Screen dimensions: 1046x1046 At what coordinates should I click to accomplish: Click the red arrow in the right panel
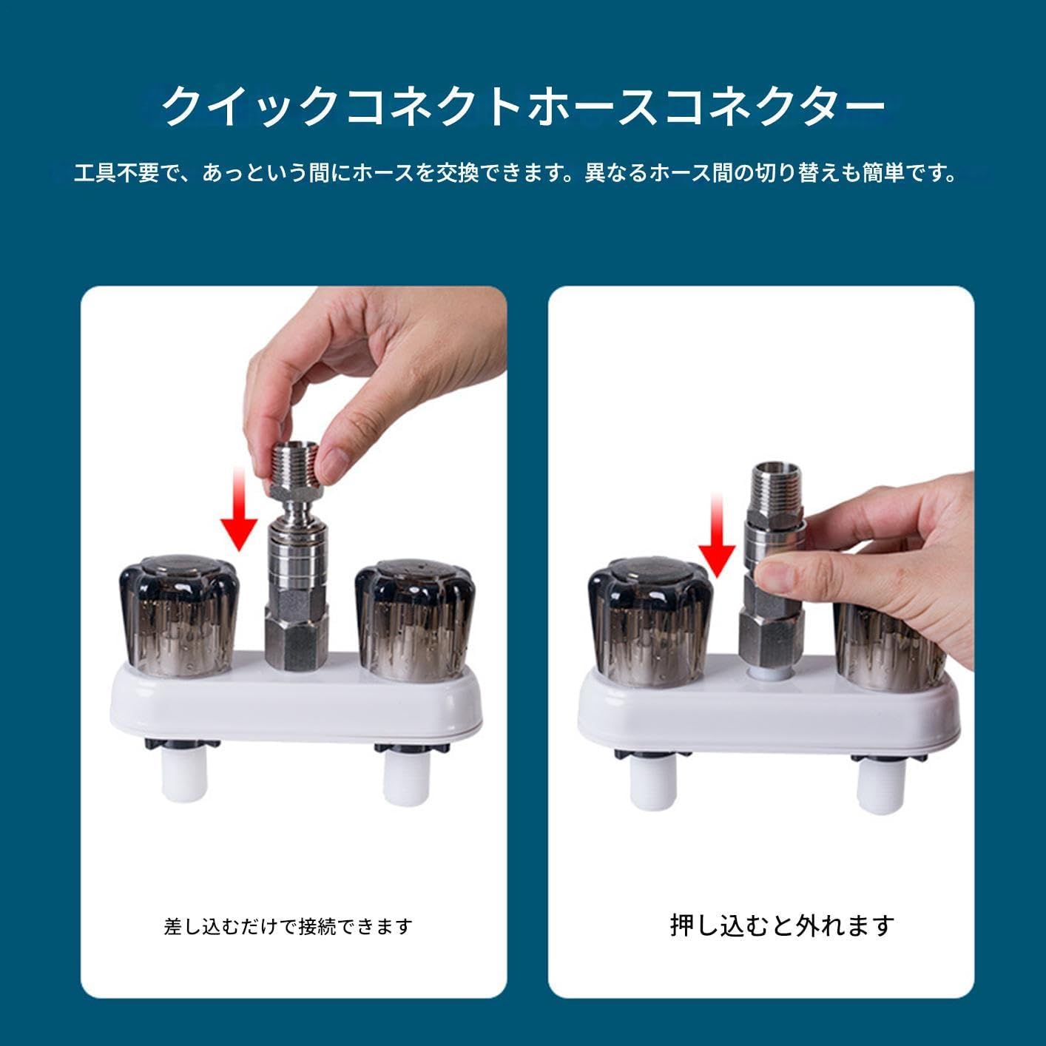click(x=716, y=536)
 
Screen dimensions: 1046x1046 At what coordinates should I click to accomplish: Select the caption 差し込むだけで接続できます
click(x=288, y=926)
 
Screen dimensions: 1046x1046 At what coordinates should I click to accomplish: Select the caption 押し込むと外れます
click(x=782, y=925)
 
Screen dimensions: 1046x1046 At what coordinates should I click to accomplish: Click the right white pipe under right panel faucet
click(x=880, y=789)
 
